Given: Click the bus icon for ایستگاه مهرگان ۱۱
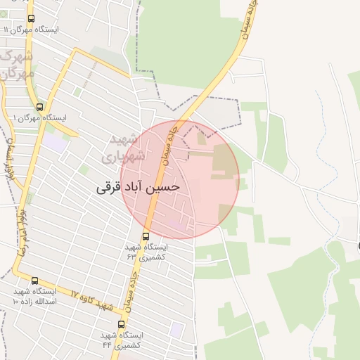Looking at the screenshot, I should (x=31, y=19).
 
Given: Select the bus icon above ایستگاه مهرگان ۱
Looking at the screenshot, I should (x=39, y=107).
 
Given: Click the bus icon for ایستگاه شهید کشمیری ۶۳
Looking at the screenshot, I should (x=146, y=236).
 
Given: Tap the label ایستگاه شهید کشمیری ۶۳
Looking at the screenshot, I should (x=147, y=252).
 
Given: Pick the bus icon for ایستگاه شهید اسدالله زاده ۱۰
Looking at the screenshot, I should (x=34, y=281).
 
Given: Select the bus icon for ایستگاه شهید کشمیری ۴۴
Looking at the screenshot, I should (x=121, y=324).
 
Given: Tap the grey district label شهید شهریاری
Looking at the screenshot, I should (x=127, y=148).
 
